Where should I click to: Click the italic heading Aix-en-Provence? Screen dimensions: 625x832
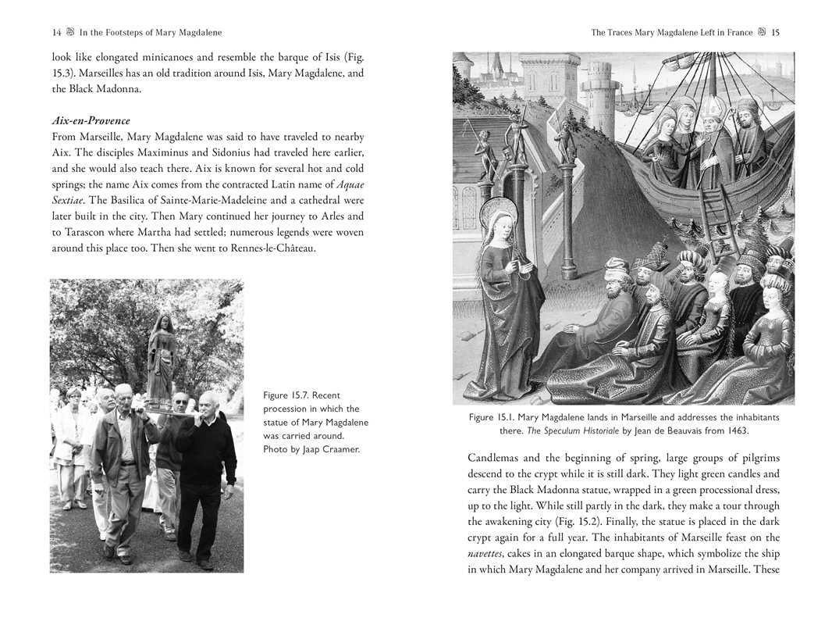click(91, 121)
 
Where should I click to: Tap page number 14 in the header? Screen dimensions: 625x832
click(56, 33)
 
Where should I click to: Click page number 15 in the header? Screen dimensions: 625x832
click(775, 33)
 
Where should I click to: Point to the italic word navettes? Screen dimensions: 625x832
click(485, 554)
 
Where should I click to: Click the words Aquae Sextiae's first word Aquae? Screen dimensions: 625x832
click(349, 184)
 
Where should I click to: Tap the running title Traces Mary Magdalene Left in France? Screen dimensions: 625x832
click(672, 33)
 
